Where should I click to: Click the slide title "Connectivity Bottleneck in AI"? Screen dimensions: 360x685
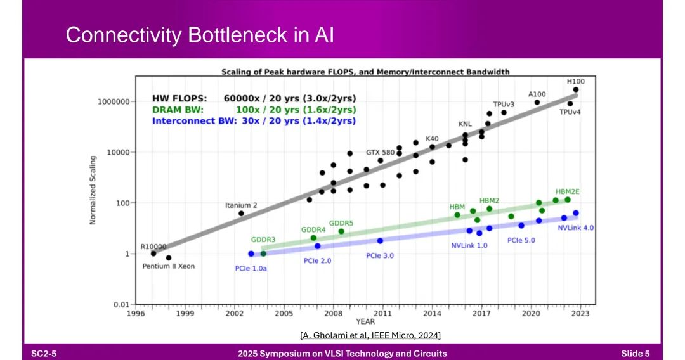pos(200,35)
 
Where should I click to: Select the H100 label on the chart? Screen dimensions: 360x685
pos(576,82)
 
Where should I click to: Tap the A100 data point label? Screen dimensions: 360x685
pos(537,94)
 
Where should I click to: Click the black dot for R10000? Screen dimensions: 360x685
pos(153,254)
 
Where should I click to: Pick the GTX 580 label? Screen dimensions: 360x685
pos(381,152)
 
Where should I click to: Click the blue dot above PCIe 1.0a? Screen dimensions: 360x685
pos(251,254)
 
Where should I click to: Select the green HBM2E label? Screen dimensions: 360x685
pos(567,191)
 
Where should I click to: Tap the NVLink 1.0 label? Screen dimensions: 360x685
pos(469,245)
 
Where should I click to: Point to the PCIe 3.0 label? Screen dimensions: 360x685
pos(381,255)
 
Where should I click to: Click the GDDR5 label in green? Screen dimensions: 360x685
pos(341,223)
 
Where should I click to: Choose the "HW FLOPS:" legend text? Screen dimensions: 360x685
pos(179,98)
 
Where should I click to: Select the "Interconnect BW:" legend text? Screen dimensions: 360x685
pos(192,120)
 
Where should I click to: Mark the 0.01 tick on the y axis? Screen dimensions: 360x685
pos(121,305)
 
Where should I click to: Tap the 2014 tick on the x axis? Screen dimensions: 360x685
pos(432,313)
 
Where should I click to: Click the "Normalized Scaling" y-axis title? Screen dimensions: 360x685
pos(93,190)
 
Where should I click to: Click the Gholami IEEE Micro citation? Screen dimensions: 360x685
pos(370,334)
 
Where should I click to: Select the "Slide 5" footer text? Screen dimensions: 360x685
pos(636,353)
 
